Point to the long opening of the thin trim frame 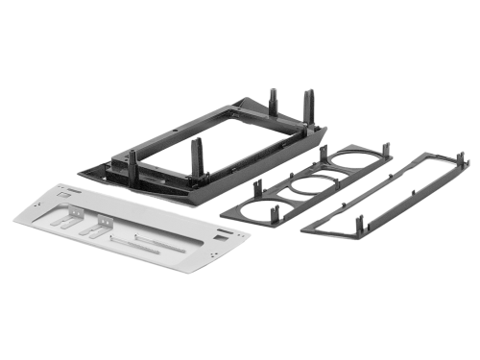(384, 192)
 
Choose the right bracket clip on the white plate (96, 229)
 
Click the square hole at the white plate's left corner (64, 194)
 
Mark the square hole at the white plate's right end (223, 233)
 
